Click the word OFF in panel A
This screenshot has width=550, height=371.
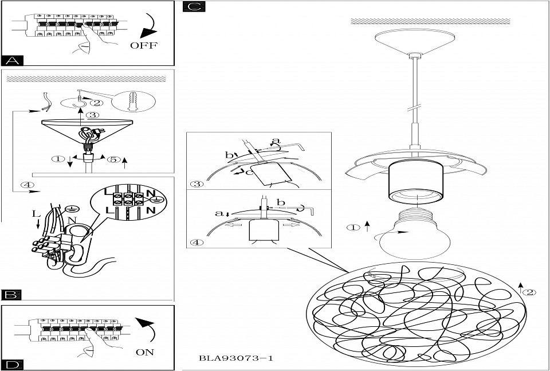point(143,45)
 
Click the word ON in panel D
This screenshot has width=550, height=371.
point(145,352)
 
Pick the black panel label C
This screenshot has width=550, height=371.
point(192,7)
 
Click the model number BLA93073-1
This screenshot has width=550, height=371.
point(235,358)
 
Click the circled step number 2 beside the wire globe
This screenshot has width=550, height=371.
point(530,292)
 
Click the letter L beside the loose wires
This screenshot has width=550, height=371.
point(36,213)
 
